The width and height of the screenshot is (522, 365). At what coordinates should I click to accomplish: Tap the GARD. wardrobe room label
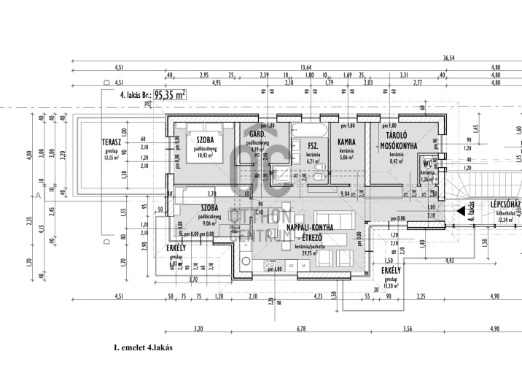tap(257, 136)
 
